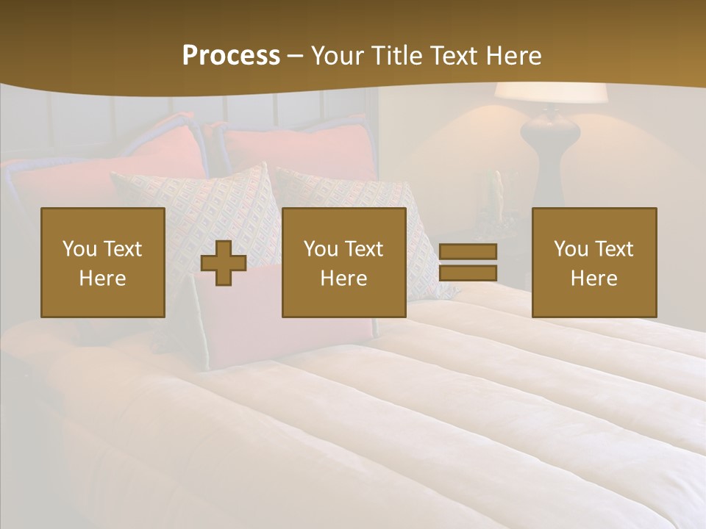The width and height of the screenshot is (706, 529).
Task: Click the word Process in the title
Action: (231, 56)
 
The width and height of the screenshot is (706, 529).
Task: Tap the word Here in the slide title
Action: (513, 56)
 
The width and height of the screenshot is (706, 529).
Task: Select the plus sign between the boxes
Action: (224, 262)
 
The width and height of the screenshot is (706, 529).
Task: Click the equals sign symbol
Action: (468, 262)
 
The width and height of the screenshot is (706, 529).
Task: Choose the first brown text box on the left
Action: (103, 262)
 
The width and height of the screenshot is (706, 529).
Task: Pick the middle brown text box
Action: (344, 262)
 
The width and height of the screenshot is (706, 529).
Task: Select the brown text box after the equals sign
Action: (594, 262)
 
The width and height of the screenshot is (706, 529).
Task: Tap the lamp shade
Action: (550, 93)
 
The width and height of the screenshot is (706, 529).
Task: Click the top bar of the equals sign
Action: (468, 251)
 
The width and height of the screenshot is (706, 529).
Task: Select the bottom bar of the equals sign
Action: (468, 273)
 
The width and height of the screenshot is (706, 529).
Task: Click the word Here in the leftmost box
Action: (103, 278)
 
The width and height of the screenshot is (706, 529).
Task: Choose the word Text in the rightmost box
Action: (615, 249)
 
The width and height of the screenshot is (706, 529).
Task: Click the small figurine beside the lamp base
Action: (498, 192)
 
